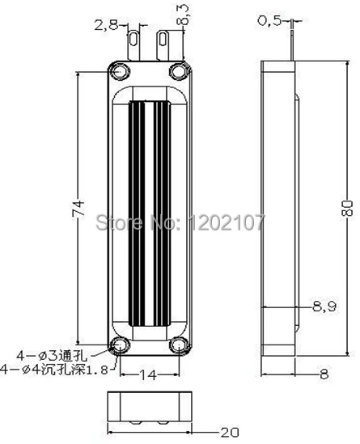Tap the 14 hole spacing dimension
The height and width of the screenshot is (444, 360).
[x=148, y=375]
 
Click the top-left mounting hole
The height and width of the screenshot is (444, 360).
[x=120, y=71]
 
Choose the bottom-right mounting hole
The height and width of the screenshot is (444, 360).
[x=177, y=346]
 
